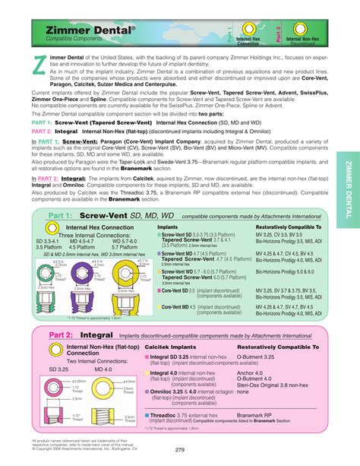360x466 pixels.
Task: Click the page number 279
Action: click(x=180, y=450)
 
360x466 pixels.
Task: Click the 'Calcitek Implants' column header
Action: click(x=174, y=346)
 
